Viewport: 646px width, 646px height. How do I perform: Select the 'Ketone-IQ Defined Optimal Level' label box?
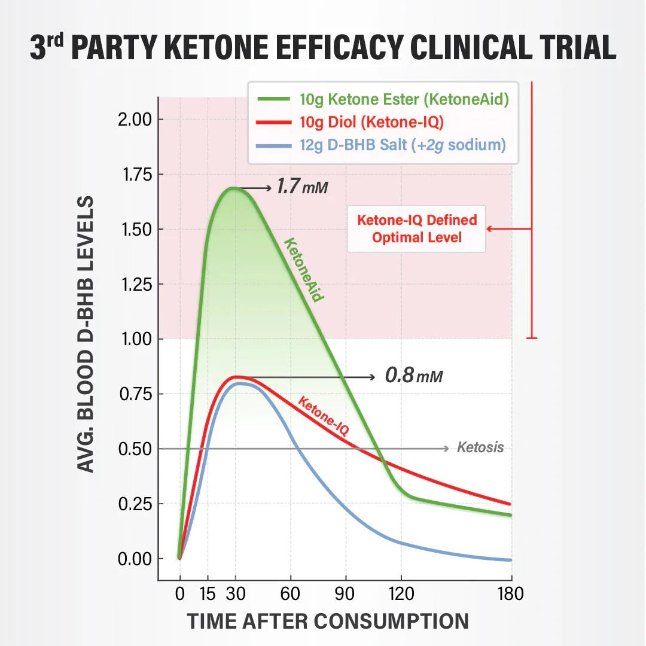pos(417,228)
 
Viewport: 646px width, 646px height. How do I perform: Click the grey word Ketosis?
pos(480,447)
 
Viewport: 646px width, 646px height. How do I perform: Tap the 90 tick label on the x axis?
pos(346,594)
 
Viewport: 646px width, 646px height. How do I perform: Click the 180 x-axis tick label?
pos(510,594)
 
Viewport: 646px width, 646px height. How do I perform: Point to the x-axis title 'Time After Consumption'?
pos(328,621)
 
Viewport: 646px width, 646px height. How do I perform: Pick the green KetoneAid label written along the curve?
pos(304,270)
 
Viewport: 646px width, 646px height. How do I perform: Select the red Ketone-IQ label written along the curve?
pos(323,416)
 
